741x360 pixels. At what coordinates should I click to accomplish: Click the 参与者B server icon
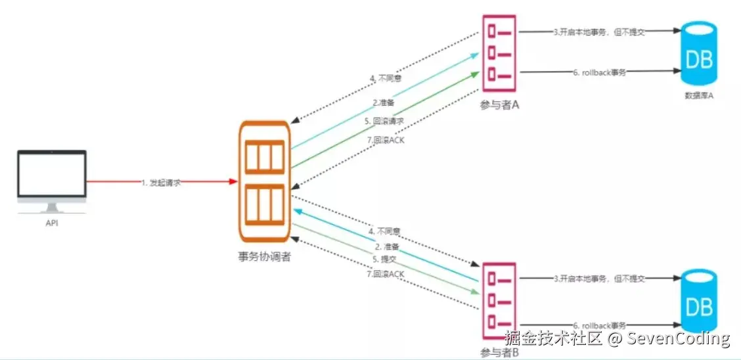click(x=499, y=300)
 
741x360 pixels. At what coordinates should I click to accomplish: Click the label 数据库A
click(x=698, y=96)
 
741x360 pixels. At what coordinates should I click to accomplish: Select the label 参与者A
click(x=500, y=104)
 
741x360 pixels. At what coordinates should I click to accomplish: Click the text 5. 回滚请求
click(x=384, y=121)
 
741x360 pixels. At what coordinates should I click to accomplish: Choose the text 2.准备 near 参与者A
click(x=384, y=102)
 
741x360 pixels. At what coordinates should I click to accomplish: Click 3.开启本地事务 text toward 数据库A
click(x=598, y=32)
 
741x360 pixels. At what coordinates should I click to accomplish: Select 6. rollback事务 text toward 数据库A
click(x=599, y=72)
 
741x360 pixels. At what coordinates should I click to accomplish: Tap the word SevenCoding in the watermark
click(x=678, y=339)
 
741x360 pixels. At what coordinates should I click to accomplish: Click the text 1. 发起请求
click(x=161, y=182)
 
